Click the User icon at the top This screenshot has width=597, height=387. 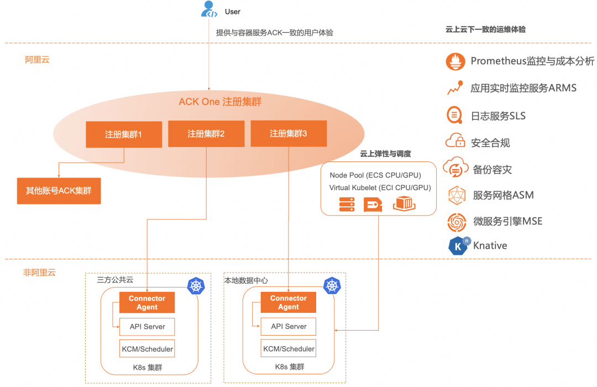(209, 9)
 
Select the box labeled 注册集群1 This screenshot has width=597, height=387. (124, 134)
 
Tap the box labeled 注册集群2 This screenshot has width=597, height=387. (206, 134)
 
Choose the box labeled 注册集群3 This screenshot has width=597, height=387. (289, 134)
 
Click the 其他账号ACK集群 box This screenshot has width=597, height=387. (59, 191)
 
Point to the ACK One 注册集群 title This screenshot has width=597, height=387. (220, 102)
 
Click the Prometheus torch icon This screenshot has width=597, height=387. (455, 61)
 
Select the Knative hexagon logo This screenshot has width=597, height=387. (458, 245)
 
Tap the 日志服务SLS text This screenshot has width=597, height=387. (498, 116)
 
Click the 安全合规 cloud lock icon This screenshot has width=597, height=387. (455, 142)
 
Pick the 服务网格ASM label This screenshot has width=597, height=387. (503, 195)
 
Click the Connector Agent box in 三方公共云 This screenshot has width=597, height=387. (147, 302)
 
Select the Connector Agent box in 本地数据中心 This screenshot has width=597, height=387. (289, 302)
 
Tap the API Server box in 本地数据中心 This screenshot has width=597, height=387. (289, 326)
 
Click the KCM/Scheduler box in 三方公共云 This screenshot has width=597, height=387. (147, 349)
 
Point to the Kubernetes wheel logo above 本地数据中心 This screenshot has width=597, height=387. (332, 285)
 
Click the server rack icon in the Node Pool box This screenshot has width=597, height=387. (347, 205)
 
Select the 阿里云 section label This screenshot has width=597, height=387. (37, 59)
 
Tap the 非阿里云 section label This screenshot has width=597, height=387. (39, 272)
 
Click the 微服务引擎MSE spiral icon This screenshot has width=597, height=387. (457, 222)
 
